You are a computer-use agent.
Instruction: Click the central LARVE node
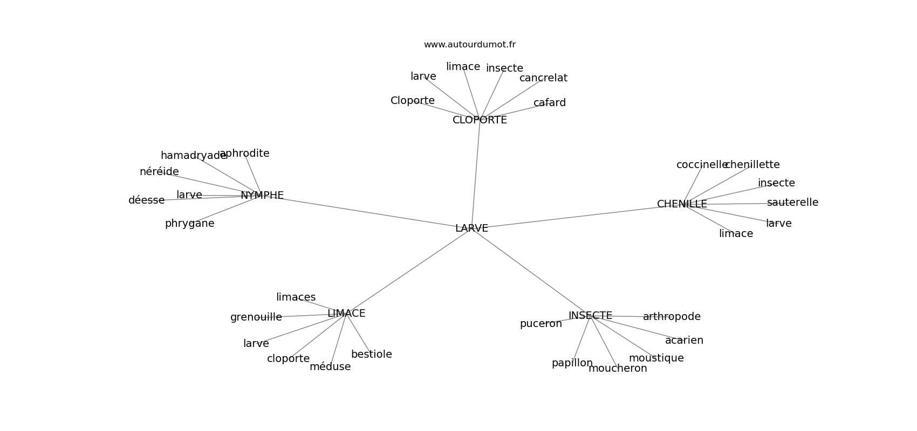(471, 228)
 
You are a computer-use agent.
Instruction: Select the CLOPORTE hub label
(480, 120)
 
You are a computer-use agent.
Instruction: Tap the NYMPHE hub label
(262, 196)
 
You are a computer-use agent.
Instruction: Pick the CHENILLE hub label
(682, 204)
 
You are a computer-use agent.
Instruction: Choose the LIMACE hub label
(346, 313)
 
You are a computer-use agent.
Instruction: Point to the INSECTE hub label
(590, 316)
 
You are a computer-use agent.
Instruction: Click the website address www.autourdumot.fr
(470, 45)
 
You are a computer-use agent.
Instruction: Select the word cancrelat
(544, 78)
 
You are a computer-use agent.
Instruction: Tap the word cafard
(550, 103)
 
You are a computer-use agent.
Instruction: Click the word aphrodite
(244, 154)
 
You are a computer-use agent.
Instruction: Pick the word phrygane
(190, 224)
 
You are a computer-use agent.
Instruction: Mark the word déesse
(147, 200)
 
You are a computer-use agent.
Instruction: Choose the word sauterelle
(793, 203)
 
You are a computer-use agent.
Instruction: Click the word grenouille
(256, 317)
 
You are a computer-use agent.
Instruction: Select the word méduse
(330, 367)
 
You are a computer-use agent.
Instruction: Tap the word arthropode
(672, 317)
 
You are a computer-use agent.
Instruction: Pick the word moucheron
(618, 369)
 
